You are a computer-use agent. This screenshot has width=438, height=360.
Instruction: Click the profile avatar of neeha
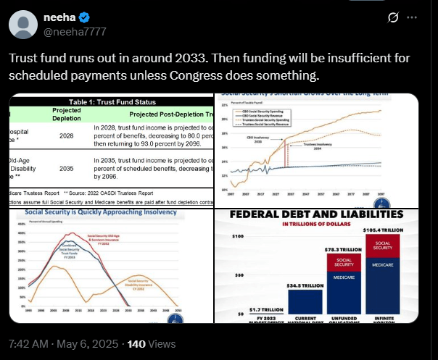[x=24, y=24]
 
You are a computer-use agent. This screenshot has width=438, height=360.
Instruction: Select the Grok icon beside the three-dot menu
[x=393, y=17]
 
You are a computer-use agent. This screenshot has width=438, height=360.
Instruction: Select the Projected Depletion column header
[x=67, y=113]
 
